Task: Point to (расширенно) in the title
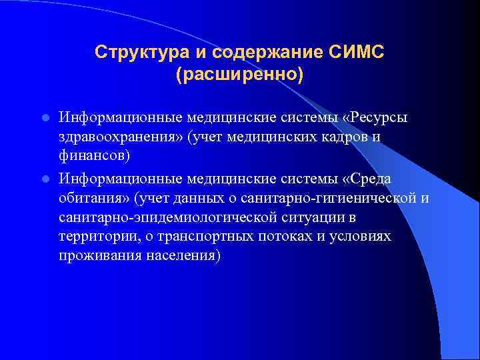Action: coord(239,73)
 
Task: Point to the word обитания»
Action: coord(93,198)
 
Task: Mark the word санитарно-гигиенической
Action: coord(346,198)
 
